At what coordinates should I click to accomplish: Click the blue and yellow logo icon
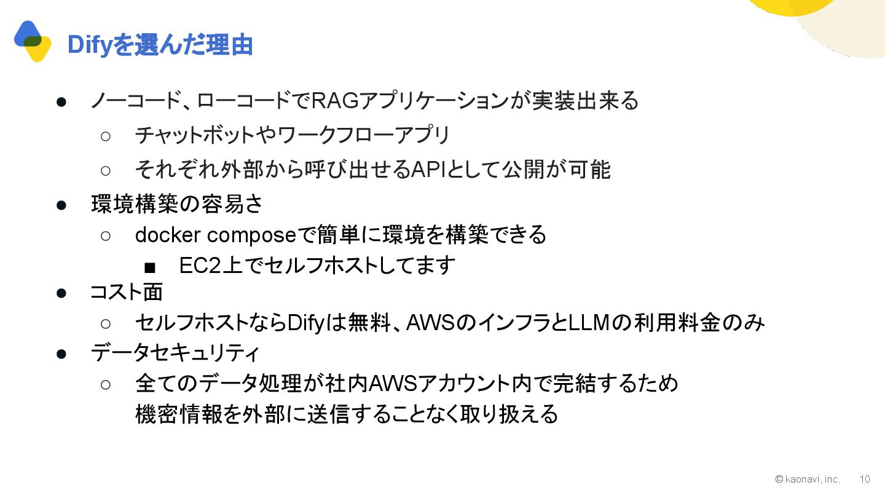[33, 41]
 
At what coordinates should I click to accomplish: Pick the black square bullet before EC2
[150, 267]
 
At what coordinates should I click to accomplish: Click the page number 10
[864, 479]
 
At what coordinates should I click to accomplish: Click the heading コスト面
[127, 292]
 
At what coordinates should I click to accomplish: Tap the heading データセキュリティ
[175, 353]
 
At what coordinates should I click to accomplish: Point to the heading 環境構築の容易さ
[177, 204]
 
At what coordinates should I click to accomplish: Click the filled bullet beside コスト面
[61, 293]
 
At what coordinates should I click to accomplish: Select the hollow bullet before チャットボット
[105, 135]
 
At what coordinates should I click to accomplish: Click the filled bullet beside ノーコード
[61, 101]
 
